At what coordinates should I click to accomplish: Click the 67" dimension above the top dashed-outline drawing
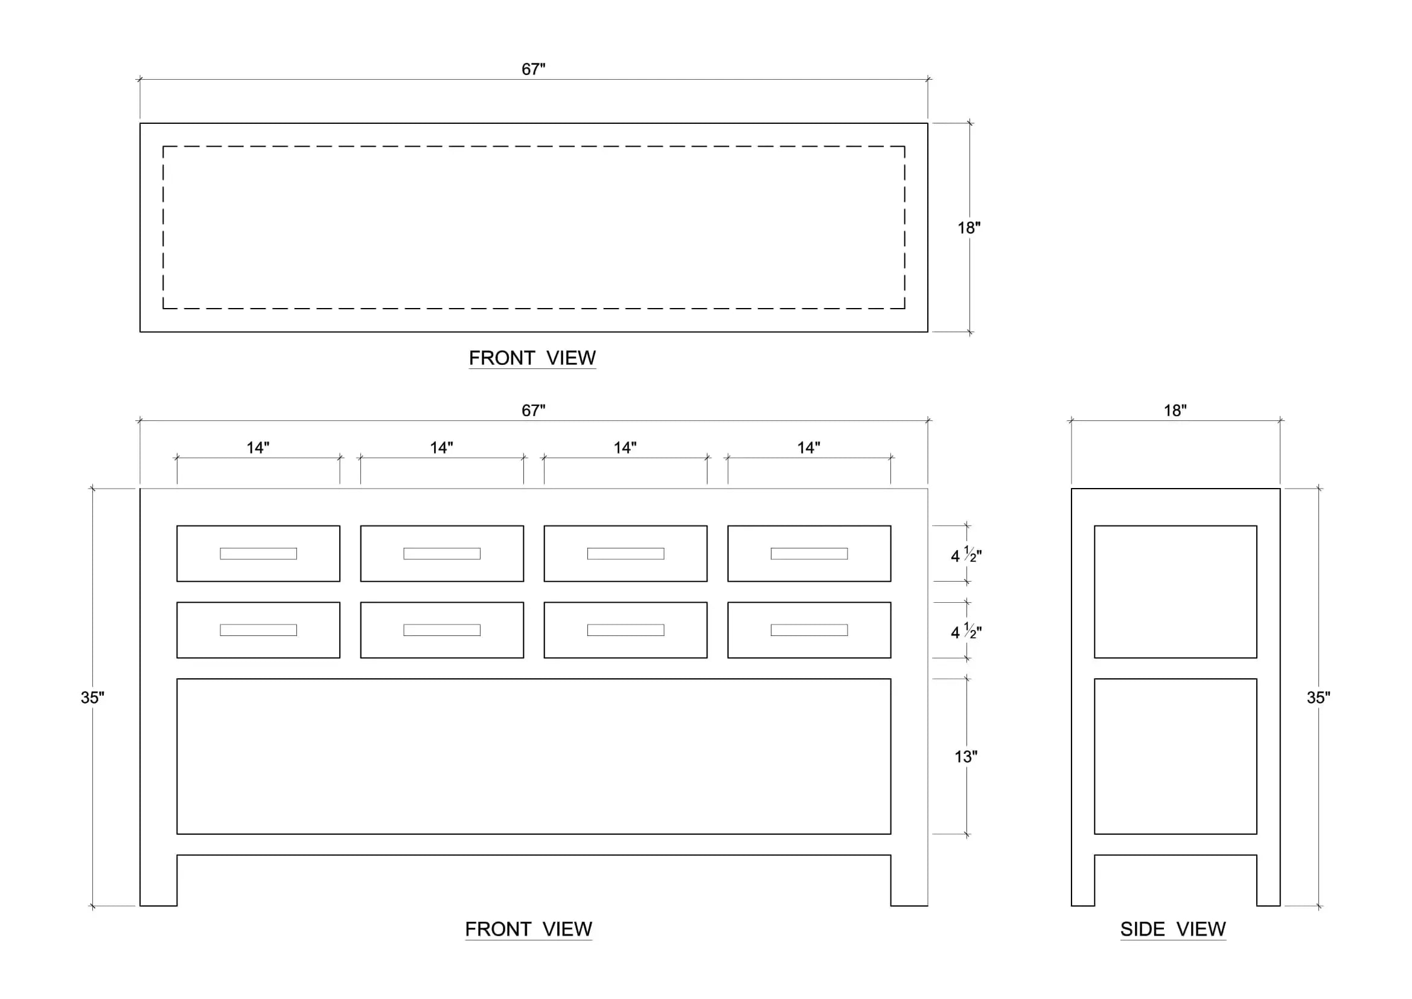(x=533, y=69)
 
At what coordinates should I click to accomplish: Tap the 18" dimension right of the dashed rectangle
(x=968, y=228)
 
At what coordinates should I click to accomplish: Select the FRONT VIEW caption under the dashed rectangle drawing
(x=532, y=358)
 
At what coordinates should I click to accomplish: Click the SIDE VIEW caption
(x=1173, y=929)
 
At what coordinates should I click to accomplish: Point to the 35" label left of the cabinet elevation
(x=92, y=698)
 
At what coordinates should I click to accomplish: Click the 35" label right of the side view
(x=1318, y=698)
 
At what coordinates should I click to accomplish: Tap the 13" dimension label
(x=965, y=757)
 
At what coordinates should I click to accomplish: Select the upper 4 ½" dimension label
(x=966, y=555)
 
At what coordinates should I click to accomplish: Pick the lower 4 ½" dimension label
(x=966, y=631)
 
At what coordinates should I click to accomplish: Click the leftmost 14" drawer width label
(x=258, y=448)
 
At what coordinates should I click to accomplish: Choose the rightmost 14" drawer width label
(x=809, y=448)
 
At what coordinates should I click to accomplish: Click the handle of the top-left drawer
(x=258, y=554)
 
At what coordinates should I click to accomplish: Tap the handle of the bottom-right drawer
(x=810, y=630)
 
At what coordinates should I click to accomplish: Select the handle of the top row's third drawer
(x=625, y=554)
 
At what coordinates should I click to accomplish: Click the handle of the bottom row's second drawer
(x=442, y=630)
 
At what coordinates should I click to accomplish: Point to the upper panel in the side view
(x=1175, y=592)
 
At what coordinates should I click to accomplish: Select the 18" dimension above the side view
(x=1175, y=410)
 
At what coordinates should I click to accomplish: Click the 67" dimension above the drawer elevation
(x=533, y=410)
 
